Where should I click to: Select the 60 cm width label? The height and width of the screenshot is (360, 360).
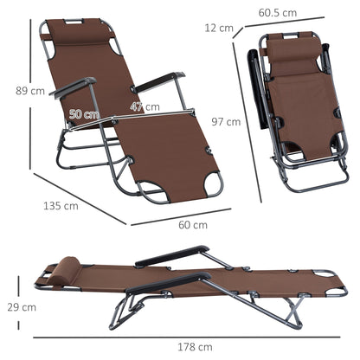click(193, 226)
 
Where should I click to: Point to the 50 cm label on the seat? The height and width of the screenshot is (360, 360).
click(84, 113)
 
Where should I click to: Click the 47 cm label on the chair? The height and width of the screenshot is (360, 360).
click(145, 107)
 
